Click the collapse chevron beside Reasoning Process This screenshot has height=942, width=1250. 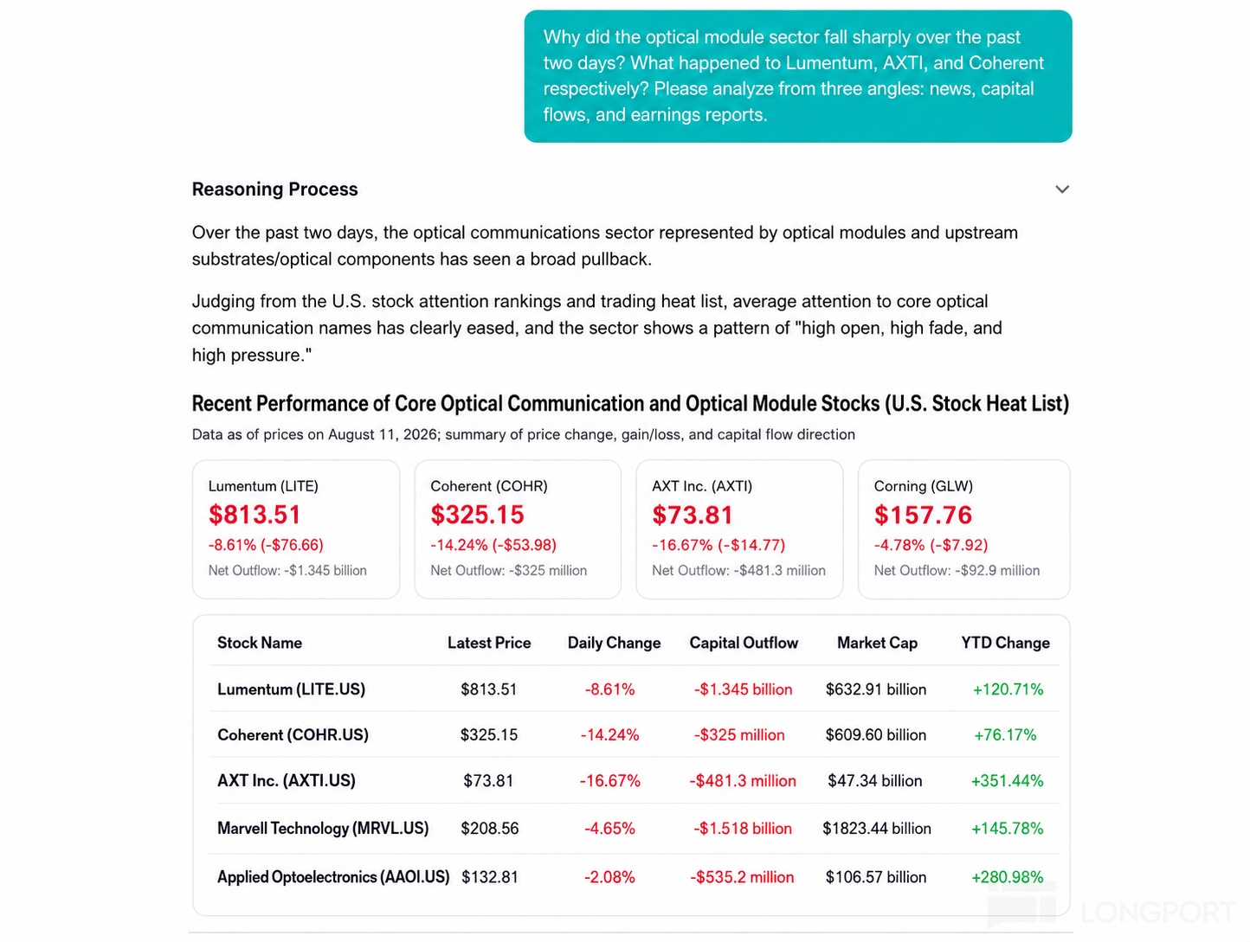[x=1062, y=189]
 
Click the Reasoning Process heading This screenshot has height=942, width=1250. [x=274, y=189]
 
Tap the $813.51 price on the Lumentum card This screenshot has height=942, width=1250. [x=255, y=515]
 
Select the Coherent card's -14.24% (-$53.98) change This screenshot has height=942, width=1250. [x=493, y=545]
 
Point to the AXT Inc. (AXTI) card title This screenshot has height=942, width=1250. [x=702, y=486]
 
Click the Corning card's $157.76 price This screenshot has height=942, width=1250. [x=923, y=515]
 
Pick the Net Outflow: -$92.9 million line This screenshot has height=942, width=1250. [x=957, y=571]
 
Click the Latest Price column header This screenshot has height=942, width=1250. [x=489, y=643]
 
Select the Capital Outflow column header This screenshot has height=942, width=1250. [x=744, y=643]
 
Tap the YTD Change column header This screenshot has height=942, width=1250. [x=1006, y=643]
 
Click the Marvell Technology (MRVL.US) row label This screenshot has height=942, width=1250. [x=323, y=828]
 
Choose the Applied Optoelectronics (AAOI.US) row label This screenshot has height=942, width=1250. [x=333, y=877]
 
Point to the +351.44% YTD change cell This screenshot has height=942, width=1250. [x=1008, y=780]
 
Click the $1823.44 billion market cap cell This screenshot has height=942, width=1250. [x=877, y=828]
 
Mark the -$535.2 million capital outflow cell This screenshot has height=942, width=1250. [x=742, y=877]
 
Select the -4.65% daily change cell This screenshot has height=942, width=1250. [x=609, y=828]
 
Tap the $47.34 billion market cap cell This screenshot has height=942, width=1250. [x=874, y=780]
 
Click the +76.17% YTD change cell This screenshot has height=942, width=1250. [x=1005, y=735]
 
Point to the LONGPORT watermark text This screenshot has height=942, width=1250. [x=1158, y=912]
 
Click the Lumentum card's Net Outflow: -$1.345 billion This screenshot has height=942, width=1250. [x=287, y=571]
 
